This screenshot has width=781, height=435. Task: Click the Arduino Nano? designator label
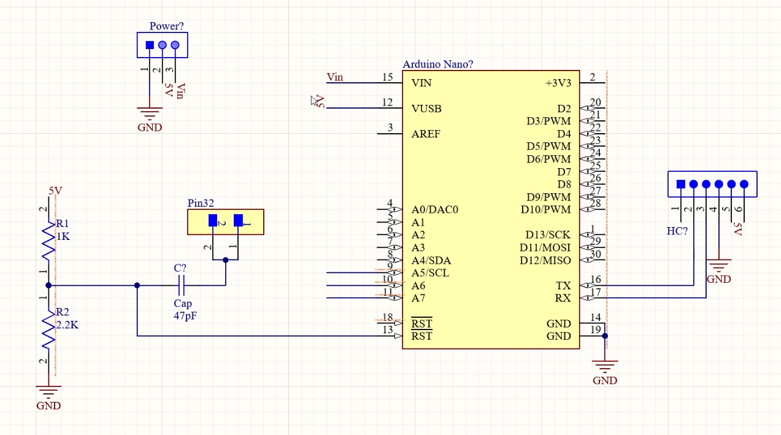(437, 64)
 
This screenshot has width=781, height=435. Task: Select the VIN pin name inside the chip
(421, 83)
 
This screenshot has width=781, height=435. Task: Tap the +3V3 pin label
(558, 83)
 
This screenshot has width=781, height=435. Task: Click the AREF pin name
(426, 134)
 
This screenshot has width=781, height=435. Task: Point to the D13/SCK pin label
(548, 235)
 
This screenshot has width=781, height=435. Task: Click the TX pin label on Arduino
(563, 286)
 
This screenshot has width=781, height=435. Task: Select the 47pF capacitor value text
(185, 316)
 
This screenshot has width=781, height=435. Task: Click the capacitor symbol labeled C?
(182, 285)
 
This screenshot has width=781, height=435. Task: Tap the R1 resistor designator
(63, 224)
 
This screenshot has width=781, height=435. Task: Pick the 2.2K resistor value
(67, 325)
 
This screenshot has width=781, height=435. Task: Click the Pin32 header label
(201, 203)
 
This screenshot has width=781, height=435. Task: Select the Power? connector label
(166, 26)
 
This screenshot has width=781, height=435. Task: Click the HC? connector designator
(677, 231)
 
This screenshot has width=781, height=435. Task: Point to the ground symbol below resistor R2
(48, 390)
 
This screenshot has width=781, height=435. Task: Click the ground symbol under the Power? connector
(150, 114)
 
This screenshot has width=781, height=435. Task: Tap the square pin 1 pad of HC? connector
(680, 184)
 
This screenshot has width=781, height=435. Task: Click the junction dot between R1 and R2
(48, 285)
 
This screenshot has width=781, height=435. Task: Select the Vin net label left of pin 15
(335, 77)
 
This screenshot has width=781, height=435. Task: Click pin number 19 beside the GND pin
(595, 331)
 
